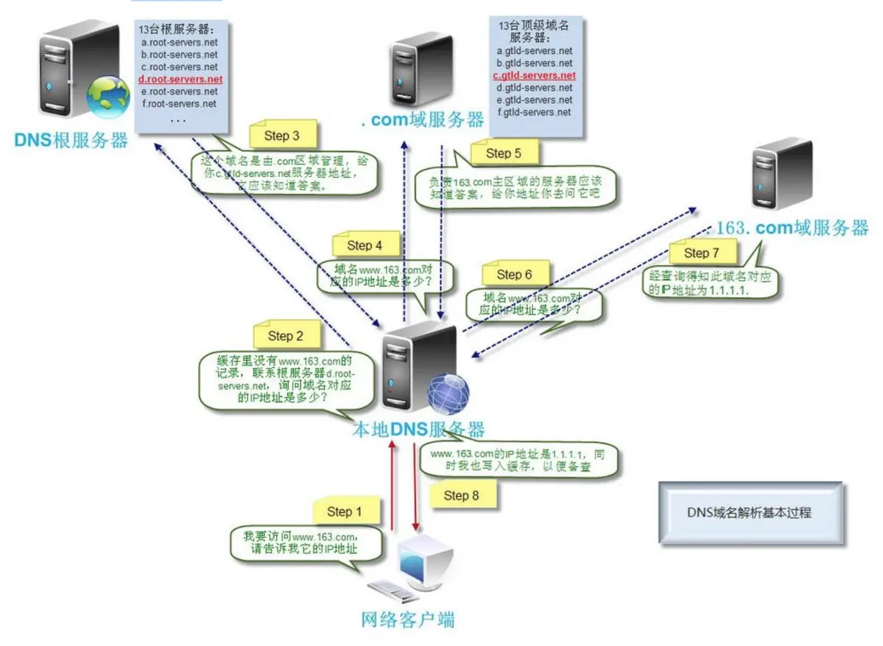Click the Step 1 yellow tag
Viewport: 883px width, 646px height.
345,511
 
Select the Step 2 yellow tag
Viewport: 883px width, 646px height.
285,335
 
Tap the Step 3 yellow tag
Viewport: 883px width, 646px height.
282,136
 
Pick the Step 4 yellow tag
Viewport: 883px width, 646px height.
364,245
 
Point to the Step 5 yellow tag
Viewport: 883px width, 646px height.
503,153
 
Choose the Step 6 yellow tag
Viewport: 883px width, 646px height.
514,274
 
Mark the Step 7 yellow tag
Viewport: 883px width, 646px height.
702,253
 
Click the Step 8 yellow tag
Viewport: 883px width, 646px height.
461,495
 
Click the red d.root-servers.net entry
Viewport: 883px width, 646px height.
180,79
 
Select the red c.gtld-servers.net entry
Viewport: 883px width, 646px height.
534,75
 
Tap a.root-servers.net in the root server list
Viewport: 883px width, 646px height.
179,42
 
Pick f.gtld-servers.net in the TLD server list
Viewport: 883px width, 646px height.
534,112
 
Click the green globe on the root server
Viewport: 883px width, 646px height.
109,97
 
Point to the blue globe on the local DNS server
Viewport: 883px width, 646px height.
448,394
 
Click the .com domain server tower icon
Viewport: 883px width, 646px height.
421,70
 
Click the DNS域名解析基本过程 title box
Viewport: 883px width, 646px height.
750,513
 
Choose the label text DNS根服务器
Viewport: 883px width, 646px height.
71,140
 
